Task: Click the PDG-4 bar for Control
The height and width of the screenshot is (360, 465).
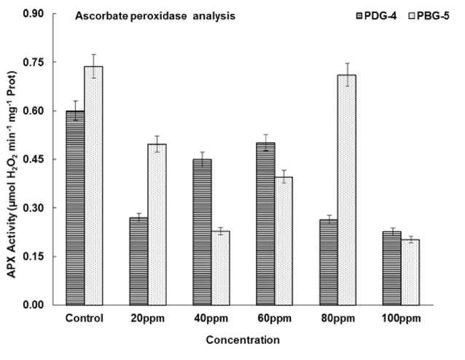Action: pos(75,208)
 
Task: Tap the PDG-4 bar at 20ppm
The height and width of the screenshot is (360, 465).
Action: pos(138,261)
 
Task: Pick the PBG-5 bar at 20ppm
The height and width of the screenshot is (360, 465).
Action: pos(157,224)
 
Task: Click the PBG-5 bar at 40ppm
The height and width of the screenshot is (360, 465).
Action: pos(220,267)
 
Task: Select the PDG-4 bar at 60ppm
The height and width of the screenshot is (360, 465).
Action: pos(265,224)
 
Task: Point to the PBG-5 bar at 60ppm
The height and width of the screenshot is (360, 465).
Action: pos(284,240)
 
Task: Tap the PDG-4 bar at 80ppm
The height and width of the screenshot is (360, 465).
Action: pos(329,262)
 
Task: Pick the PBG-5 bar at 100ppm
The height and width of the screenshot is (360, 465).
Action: pos(410,272)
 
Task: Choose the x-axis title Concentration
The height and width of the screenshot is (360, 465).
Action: pos(243,340)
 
